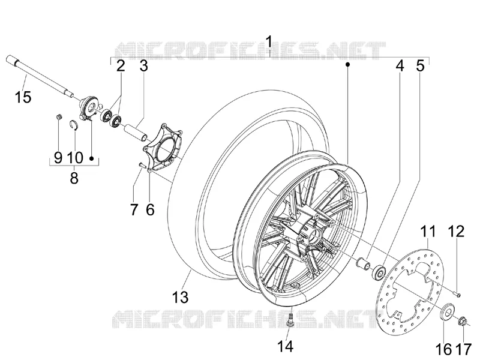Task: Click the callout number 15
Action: point(23,97)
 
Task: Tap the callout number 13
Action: point(180,297)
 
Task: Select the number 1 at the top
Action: point(269,42)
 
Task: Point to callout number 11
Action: point(428,232)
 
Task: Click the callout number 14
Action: point(286,347)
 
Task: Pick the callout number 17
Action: point(463,349)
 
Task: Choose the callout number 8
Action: point(74,178)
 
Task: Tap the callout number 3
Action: point(143,65)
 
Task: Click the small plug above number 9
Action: point(59,116)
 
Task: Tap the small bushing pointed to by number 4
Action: point(362,264)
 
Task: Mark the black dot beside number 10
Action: point(91,158)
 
